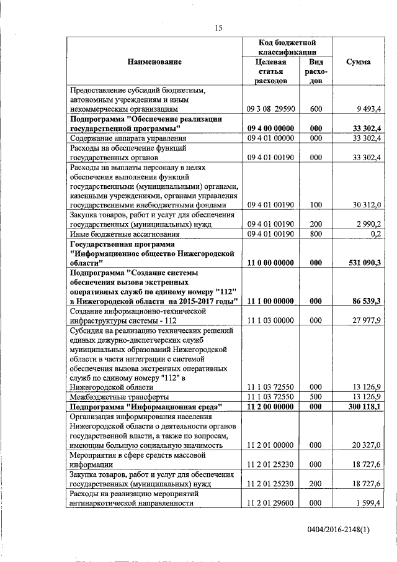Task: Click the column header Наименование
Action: pos(155,62)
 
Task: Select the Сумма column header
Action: pos(359,62)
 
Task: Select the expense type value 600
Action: pos(316,109)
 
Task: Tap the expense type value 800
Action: pos(316,234)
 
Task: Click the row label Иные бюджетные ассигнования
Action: pos(125,234)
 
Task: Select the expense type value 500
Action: pos(316,397)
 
